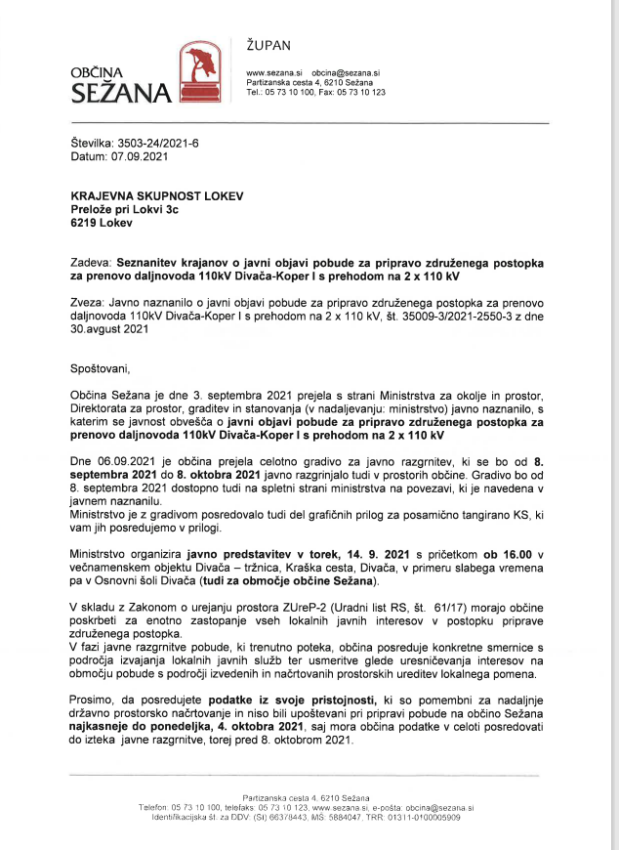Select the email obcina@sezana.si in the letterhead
coord(346,73)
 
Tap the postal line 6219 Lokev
coord(102,222)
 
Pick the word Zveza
coord(89,303)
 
